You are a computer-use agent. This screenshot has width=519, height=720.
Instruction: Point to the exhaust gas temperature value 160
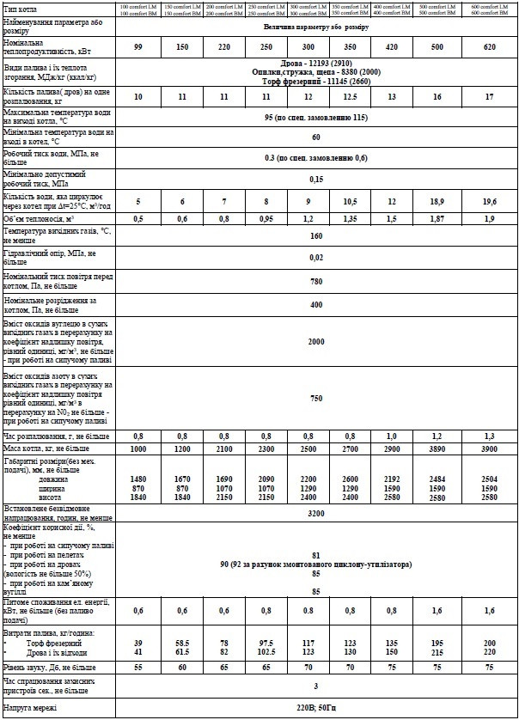(x=315, y=235)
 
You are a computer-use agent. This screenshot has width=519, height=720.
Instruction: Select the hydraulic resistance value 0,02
(x=315, y=257)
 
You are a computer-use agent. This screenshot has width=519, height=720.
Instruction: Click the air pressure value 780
(x=315, y=280)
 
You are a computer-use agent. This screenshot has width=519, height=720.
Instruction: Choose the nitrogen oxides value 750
(x=315, y=398)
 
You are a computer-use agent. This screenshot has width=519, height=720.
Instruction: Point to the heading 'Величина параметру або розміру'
(x=315, y=27)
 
